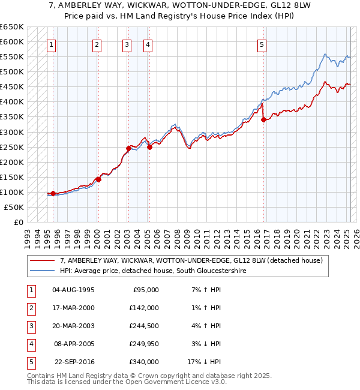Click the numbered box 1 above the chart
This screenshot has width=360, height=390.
(x=52, y=44)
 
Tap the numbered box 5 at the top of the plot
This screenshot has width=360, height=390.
(x=262, y=44)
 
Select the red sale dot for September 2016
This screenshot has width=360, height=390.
(x=264, y=119)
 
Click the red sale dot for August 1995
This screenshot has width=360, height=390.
(x=53, y=193)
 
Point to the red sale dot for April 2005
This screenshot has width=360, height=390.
(x=149, y=147)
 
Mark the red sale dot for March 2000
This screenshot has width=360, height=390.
(x=98, y=179)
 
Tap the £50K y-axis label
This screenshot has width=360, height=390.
(x=14, y=207)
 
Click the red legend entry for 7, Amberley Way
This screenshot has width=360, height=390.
(x=191, y=260)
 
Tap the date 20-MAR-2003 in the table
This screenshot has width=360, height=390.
(x=73, y=326)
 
